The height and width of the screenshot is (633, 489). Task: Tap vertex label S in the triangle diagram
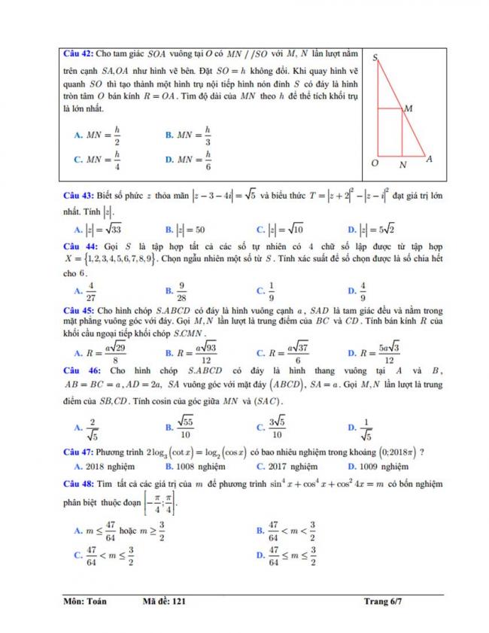(374, 56)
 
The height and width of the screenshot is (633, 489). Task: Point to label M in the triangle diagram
(408, 109)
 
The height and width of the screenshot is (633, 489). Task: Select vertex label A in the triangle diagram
(429, 159)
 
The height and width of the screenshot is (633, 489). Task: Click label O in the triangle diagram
(374, 163)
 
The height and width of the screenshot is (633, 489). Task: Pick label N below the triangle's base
(402, 164)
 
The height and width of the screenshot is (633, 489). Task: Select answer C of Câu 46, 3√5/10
(278, 429)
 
